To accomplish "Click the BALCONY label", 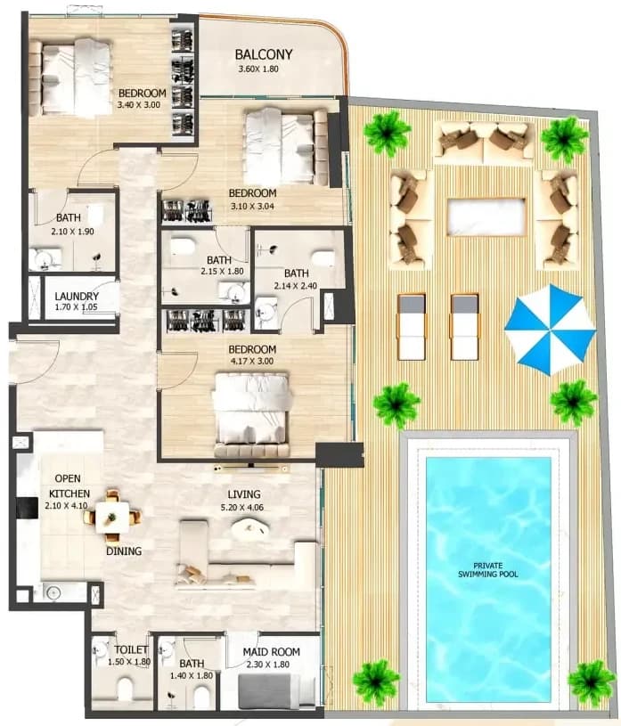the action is pos(264,54).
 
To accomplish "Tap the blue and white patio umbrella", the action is pos(550,330).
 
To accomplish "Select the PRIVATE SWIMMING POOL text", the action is pos(488,570).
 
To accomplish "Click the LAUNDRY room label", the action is pos(77,297).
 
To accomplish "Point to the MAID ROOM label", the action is pos(272,652).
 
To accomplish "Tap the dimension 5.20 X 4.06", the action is pos(242,508).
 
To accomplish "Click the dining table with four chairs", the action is pos(112,516).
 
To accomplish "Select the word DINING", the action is pos(124,551).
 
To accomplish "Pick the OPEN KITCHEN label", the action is pos(69,486).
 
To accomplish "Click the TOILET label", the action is pos(131,650).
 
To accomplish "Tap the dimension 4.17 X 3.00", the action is pos(252,361).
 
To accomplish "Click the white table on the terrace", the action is pos(486,216).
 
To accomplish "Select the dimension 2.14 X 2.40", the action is pos(296,286).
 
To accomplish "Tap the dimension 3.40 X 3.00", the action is pos(139,105).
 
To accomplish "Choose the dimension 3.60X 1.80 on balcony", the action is pos(258,69).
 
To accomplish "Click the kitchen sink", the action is pos(54,592).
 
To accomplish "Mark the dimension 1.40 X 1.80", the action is pos(192,675).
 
